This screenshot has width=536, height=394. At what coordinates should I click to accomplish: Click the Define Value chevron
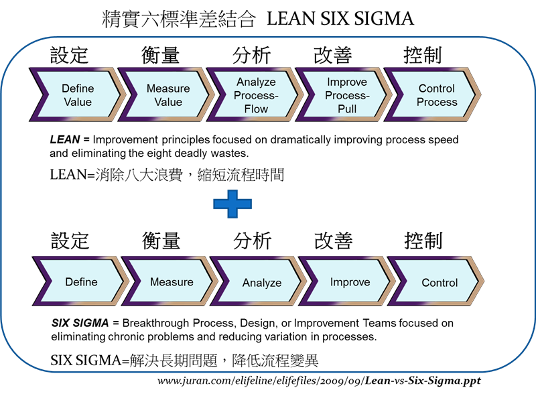pos(78,95)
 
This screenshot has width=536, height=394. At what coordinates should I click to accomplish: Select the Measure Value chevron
pos(168,95)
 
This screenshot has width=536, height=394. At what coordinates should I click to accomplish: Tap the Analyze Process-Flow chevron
pos(256,95)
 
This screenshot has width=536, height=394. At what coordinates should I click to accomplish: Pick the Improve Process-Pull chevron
pos(346,95)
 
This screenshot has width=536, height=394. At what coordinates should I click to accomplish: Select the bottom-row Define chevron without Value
pos(81,282)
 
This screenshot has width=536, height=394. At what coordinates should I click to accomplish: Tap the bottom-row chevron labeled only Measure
pos(172,282)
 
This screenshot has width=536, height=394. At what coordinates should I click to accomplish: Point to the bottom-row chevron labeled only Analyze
pos(261,282)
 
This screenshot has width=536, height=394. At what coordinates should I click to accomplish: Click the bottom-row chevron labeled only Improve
pos(350,282)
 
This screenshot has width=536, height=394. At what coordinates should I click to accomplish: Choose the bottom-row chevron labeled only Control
pos(440,282)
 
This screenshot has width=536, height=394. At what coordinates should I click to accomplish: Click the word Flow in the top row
pos(256,109)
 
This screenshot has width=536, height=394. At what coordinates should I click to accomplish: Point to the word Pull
pos(346,109)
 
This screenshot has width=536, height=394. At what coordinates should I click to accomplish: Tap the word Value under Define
pos(78,103)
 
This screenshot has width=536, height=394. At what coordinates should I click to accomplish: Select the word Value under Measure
pos(168,103)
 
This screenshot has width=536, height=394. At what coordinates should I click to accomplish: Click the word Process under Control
pos(437,103)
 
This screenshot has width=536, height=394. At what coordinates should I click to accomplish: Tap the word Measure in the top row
pos(168,88)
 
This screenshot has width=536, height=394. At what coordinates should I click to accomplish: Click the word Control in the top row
pos(437,88)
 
